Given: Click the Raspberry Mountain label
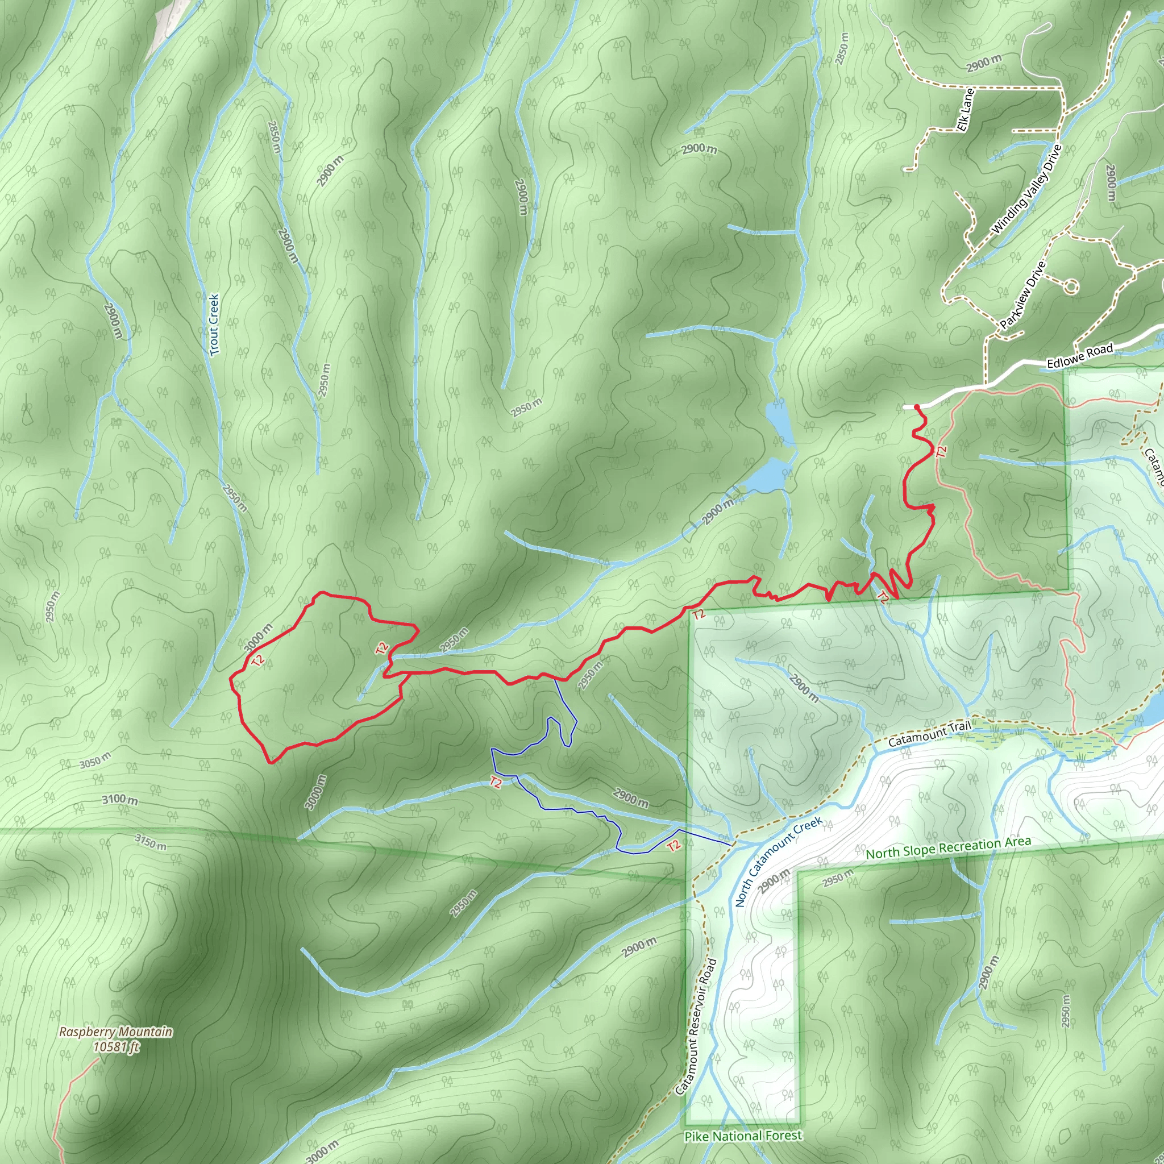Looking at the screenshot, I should point(116,1032).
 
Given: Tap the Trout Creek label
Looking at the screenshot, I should point(214,324).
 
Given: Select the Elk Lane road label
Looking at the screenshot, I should point(965,110).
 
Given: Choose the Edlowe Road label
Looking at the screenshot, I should point(1080,356).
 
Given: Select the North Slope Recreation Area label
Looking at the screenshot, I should point(949,847).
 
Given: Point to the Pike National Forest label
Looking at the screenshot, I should point(743,1136).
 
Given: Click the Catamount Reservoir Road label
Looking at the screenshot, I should point(696,1026).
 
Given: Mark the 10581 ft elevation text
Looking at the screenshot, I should point(116,1047).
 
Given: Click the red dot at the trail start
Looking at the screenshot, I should point(916,408).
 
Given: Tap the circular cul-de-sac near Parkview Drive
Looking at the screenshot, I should point(1070,287).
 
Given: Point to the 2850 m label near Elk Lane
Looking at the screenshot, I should point(842,48).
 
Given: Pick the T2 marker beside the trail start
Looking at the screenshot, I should point(941,450).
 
